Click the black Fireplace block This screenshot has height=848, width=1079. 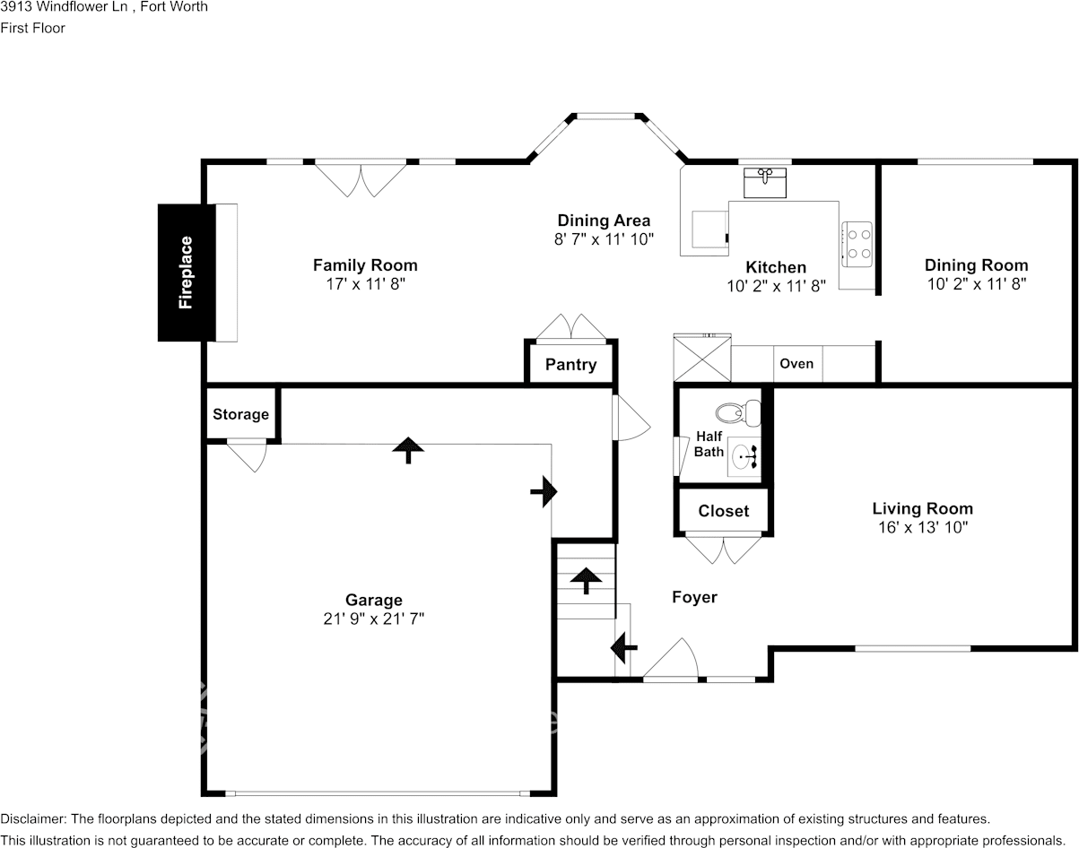(x=187, y=273)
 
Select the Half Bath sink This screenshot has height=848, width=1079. (x=744, y=457)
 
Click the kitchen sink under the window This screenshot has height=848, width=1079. (x=765, y=182)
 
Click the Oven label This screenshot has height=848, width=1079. (x=796, y=363)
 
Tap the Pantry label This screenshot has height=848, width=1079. (x=570, y=365)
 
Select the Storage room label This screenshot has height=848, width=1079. (x=240, y=414)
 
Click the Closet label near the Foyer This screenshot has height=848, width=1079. (x=723, y=511)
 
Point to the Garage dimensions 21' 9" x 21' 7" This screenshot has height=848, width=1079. (x=374, y=619)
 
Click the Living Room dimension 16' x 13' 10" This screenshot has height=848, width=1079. (x=923, y=527)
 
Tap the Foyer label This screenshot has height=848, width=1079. (x=694, y=597)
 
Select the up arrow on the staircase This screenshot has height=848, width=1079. (x=587, y=580)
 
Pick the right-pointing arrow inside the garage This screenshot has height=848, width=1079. (x=544, y=491)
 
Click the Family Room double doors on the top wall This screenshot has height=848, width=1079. (x=361, y=177)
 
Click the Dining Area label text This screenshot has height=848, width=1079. (x=604, y=221)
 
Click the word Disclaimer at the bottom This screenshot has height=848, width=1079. (x=31, y=818)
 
